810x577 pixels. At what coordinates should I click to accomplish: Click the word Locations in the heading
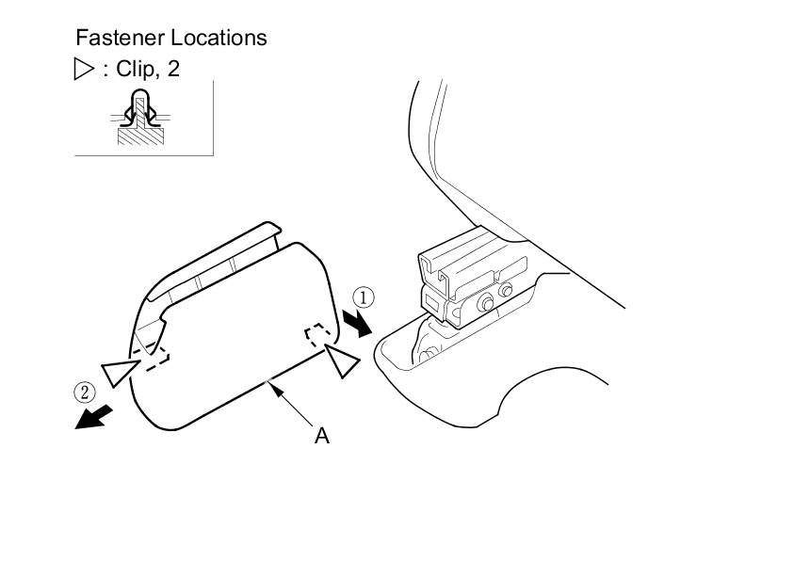(219, 38)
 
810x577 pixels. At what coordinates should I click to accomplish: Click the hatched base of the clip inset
(139, 134)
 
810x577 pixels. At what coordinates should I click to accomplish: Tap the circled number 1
(364, 298)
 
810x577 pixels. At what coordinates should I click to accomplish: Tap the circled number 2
(85, 392)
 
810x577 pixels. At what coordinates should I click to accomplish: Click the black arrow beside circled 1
(359, 324)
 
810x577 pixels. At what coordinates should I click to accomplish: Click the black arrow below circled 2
(95, 416)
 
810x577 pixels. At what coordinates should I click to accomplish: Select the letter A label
(322, 436)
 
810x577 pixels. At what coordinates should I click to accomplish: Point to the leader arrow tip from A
(271, 381)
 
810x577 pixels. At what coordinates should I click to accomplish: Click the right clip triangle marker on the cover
(341, 361)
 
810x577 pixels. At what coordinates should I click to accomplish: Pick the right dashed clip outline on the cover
(319, 336)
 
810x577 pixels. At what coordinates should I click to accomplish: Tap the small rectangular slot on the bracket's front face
(431, 302)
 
